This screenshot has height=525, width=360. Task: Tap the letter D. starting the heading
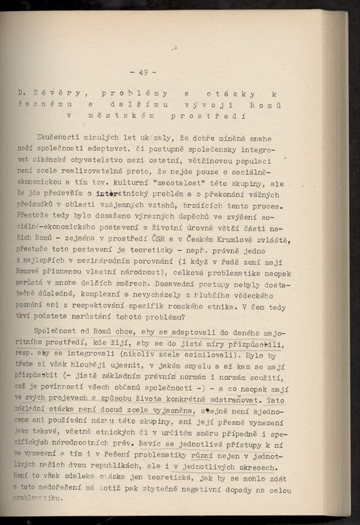[22, 94]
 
